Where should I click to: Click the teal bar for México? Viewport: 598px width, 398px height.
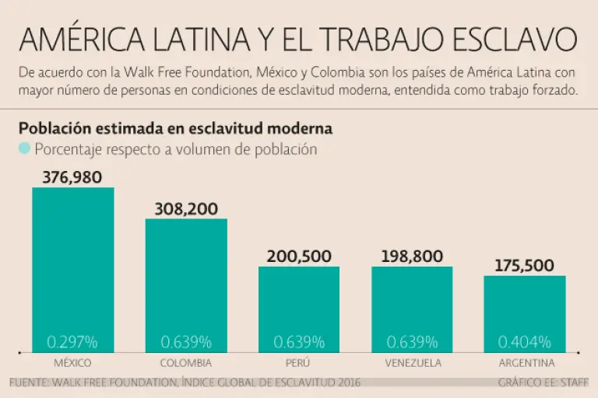73,264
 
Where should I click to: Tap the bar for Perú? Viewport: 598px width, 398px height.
299,303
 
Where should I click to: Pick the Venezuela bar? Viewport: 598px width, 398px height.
413,303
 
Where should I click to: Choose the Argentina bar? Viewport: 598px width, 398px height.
525,308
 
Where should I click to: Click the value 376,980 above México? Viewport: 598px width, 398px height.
72,177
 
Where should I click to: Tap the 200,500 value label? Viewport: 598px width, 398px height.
299,257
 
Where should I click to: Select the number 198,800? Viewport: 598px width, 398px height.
413,257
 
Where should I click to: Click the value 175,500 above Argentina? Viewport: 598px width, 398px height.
525,265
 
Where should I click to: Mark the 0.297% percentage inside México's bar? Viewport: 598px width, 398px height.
72,341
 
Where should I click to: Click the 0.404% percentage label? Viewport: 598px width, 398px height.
525,341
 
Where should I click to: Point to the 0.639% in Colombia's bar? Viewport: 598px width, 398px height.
186,341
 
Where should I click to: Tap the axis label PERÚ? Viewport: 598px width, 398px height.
299,363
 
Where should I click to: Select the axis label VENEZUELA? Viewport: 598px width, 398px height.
413,363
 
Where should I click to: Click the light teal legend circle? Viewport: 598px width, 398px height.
24,149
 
